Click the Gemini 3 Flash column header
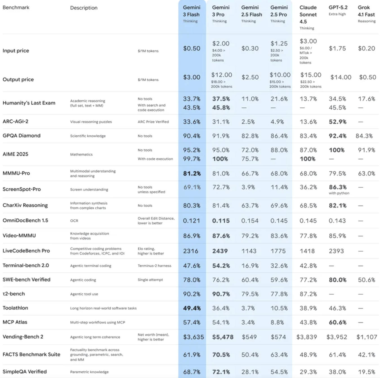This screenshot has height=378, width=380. click(x=191, y=11)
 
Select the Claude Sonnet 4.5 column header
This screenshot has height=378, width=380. click(x=308, y=14)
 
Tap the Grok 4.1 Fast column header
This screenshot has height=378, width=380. click(x=366, y=11)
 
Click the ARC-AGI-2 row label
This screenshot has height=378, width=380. click(x=15, y=121)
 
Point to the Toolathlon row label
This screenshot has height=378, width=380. click(x=15, y=308)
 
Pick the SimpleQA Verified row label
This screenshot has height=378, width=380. click(x=25, y=372)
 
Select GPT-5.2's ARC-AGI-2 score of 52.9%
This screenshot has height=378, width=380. click(x=337, y=122)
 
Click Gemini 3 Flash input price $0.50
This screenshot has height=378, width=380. click(x=192, y=48)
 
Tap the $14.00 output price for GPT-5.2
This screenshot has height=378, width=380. click(x=341, y=77)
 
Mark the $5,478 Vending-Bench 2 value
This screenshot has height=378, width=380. click(x=223, y=337)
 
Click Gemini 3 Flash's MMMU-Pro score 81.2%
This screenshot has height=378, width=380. click(x=192, y=174)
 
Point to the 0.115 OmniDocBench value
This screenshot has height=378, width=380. click(x=221, y=221)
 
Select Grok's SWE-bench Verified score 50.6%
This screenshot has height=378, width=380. click(x=366, y=280)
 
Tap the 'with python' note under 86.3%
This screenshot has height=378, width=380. click(x=339, y=193)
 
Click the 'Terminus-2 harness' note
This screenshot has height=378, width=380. click(x=154, y=266)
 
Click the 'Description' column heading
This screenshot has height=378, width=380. click(x=84, y=8)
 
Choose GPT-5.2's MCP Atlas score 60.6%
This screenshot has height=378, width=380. click(x=337, y=322)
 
